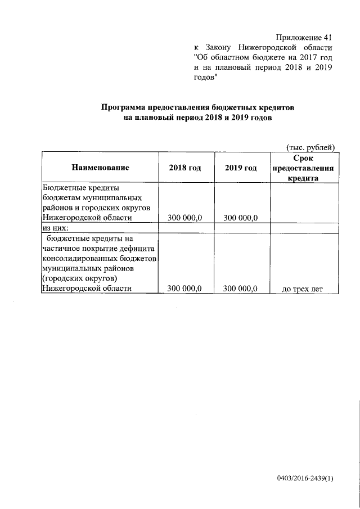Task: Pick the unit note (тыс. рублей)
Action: (310, 147)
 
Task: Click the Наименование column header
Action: (100, 168)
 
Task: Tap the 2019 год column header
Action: (241, 168)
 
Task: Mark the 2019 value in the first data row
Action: (241, 218)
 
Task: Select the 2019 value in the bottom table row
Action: (241, 289)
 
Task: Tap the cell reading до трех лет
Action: (303, 289)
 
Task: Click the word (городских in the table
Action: (61, 278)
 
